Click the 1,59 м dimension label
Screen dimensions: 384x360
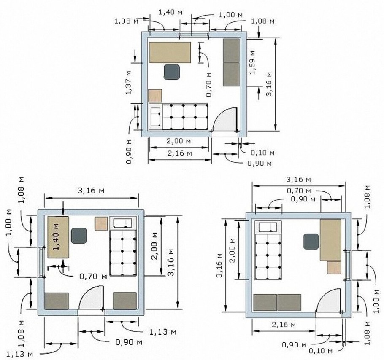[x=252, y=62]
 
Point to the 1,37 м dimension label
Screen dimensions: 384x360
[x=129, y=83]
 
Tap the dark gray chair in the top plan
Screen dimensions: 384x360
[x=172, y=72]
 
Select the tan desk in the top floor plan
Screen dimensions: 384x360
[x=170, y=52]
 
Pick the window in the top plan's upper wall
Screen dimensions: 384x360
[x=195, y=34]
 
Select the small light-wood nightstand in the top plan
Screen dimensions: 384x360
[x=155, y=96]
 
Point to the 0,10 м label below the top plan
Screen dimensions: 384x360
[x=262, y=153]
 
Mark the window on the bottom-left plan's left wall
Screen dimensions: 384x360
[x=41, y=262]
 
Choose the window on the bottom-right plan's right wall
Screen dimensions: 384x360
[x=348, y=265]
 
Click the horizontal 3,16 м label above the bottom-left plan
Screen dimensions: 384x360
[x=91, y=190]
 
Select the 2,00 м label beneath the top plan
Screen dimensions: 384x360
[x=178, y=141]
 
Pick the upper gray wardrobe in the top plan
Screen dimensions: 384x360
[x=231, y=51]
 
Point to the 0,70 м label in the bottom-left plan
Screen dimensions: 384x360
[x=93, y=277]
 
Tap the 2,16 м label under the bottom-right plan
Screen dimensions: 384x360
[x=284, y=325]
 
